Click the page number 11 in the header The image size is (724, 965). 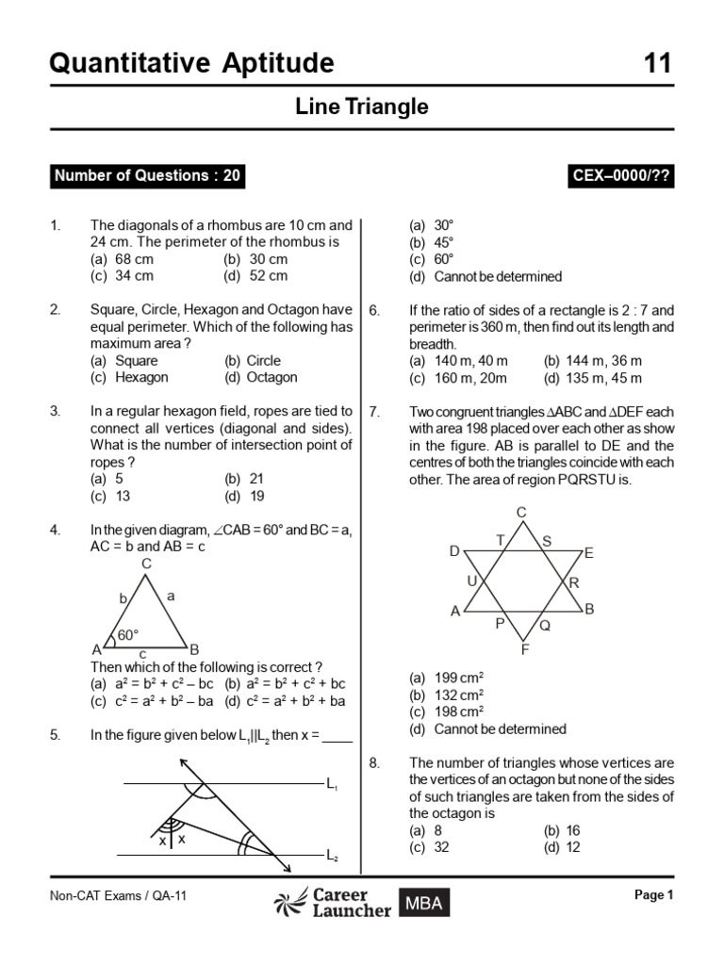click(658, 63)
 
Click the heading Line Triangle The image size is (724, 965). click(362, 107)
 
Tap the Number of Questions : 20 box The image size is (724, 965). click(147, 175)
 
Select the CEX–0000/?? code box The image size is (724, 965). click(622, 175)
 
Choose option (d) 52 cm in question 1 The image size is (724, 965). click(255, 276)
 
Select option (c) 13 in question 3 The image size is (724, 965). click(111, 496)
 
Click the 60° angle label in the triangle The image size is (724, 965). click(128, 635)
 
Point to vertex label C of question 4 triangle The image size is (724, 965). click(146, 563)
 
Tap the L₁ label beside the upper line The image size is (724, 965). click(332, 784)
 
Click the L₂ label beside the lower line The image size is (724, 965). click(332, 856)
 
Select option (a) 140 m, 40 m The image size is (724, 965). click(456, 361)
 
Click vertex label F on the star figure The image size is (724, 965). click(524, 649)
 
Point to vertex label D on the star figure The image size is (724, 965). click(454, 551)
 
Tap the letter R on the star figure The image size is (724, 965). click(573, 582)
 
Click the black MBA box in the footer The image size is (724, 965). click(423, 903)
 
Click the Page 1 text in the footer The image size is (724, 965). click(654, 895)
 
